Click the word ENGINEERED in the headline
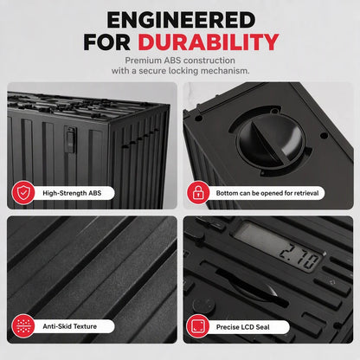pyautogui.click(x=181, y=20)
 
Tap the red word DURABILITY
pyautogui.click(x=209, y=42)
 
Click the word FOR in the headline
pyautogui.click(x=107, y=42)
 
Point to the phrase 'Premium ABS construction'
pyautogui.click(x=180, y=61)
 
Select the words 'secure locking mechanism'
pyautogui.click(x=194, y=71)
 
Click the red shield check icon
pyautogui.click(x=23, y=193)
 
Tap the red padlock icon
pyautogui.click(x=198, y=192)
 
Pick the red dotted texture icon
pyautogui.click(x=23, y=326)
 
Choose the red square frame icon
pyautogui.click(x=198, y=326)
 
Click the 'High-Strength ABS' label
pyautogui.click(x=72, y=193)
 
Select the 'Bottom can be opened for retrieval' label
pyautogui.click(x=267, y=193)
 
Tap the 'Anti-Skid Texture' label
pyautogui.click(x=70, y=326)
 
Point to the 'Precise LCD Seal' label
pyautogui.click(x=243, y=327)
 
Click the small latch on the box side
pyautogui.click(x=70, y=140)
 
